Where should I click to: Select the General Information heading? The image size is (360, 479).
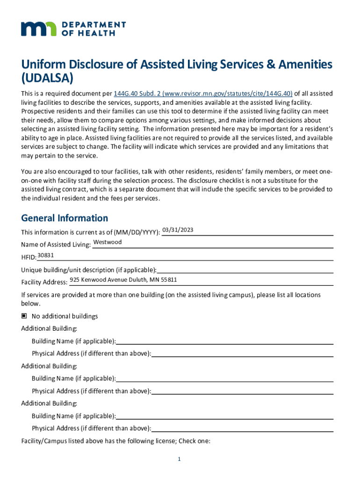click(65, 218)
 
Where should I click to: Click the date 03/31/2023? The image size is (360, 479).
click(178, 230)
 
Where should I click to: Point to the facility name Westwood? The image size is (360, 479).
click(108, 242)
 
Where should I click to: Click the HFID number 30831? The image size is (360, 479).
click(46, 255)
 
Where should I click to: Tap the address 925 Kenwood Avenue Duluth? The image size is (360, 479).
click(123, 280)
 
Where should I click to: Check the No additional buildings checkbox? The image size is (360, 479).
click(24, 316)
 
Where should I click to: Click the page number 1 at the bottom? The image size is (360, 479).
click(179, 459)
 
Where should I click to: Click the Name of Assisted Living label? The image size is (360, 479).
click(56, 245)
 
